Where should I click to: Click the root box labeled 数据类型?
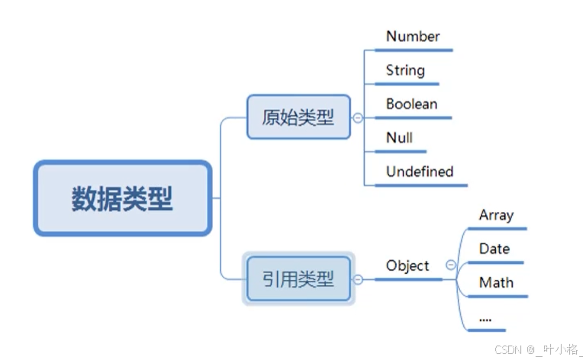[122, 198]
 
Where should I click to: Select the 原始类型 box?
[298, 117]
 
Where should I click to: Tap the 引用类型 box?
[298, 278]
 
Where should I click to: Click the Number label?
[413, 37]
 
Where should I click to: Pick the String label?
[405, 70]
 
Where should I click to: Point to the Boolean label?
[411, 104]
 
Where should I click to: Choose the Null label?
[399, 137]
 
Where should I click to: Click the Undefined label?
[420, 172]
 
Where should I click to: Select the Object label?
[407, 265]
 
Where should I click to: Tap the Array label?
[496, 215]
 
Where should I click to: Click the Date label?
[494, 249]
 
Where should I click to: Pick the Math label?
[496, 282]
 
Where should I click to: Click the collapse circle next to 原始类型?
[358, 117]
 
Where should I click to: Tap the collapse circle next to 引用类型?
[358, 279]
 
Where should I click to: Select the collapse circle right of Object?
[450, 265]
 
